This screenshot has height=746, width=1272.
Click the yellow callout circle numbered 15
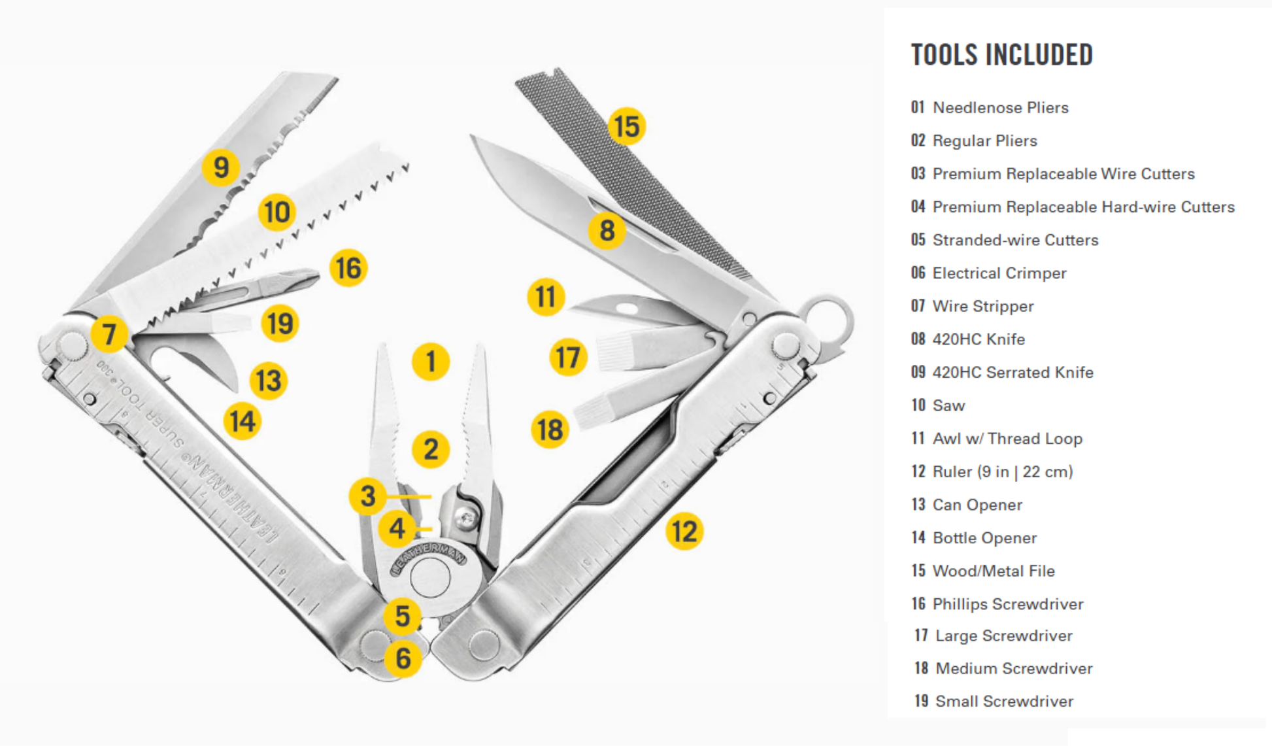[x=626, y=126]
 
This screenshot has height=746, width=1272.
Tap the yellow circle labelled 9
[x=221, y=167]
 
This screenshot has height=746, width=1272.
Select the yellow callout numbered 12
[x=684, y=531]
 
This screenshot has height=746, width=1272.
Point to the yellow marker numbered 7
[x=109, y=333]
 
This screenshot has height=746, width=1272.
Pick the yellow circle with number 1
[x=430, y=362]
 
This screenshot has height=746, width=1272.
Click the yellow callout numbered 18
[x=550, y=430]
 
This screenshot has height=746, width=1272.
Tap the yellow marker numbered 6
[x=403, y=658]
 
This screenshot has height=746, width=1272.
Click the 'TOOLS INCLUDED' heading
[x=1001, y=55]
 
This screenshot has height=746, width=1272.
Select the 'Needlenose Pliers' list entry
[x=1000, y=108]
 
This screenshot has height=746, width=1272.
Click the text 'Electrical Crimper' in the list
[x=999, y=273]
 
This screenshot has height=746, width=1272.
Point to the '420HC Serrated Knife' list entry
[x=1013, y=373]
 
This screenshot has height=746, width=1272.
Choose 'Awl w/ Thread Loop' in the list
[x=1007, y=439]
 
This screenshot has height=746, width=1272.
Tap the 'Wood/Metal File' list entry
[x=993, y=571]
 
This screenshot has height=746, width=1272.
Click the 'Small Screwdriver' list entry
[x=1004, y=702]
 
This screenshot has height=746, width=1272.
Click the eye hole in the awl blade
[x=626, y=308]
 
